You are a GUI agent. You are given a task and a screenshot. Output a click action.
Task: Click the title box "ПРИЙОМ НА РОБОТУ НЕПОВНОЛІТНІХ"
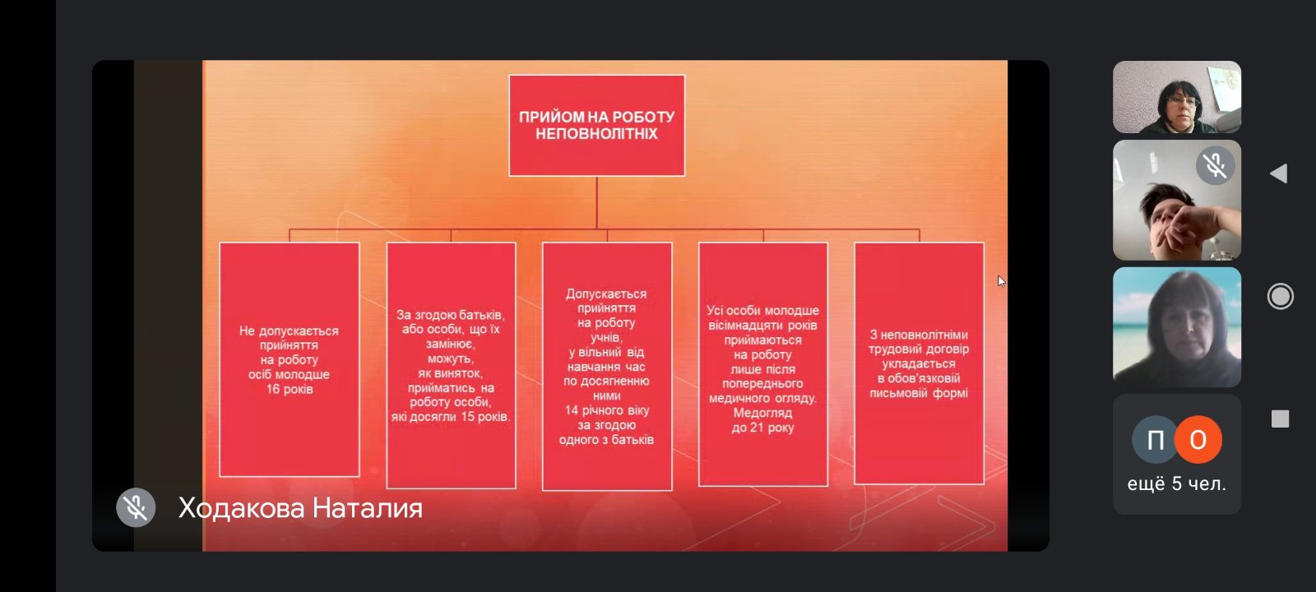coord(597,125)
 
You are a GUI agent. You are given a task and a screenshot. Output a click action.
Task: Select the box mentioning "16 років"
coord(289,359)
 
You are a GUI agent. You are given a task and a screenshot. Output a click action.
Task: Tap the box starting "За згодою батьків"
coord(451,365)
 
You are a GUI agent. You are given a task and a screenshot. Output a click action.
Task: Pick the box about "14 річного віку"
coord(607,367)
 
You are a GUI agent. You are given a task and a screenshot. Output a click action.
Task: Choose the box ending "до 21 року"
coord(763,364)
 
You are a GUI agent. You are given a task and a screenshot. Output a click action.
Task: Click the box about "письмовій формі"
coord(919,363)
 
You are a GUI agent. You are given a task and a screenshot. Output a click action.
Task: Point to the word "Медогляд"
coord(762,413)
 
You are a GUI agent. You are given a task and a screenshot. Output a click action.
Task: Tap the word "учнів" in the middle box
coord(605,338)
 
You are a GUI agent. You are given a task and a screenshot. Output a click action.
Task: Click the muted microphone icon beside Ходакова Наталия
coord(136,507)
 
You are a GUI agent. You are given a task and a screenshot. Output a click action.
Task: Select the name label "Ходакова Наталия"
coord(300,509)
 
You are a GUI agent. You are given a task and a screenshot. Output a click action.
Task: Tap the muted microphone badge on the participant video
coord(1215,165)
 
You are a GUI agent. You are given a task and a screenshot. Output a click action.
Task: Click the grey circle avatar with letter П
coord(1156,439)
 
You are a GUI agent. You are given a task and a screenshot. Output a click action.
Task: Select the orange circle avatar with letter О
coord(1198,439)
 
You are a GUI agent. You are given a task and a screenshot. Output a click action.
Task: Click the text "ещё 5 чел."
coord(1177,484)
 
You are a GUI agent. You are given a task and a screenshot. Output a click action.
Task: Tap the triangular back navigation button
coord(1279,173)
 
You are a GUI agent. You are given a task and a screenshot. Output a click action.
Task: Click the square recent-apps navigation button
coord(1280,419)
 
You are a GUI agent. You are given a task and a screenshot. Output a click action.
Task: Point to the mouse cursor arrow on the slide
coord(1001,281)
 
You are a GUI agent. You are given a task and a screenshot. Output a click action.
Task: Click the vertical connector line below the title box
coord(597,202)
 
